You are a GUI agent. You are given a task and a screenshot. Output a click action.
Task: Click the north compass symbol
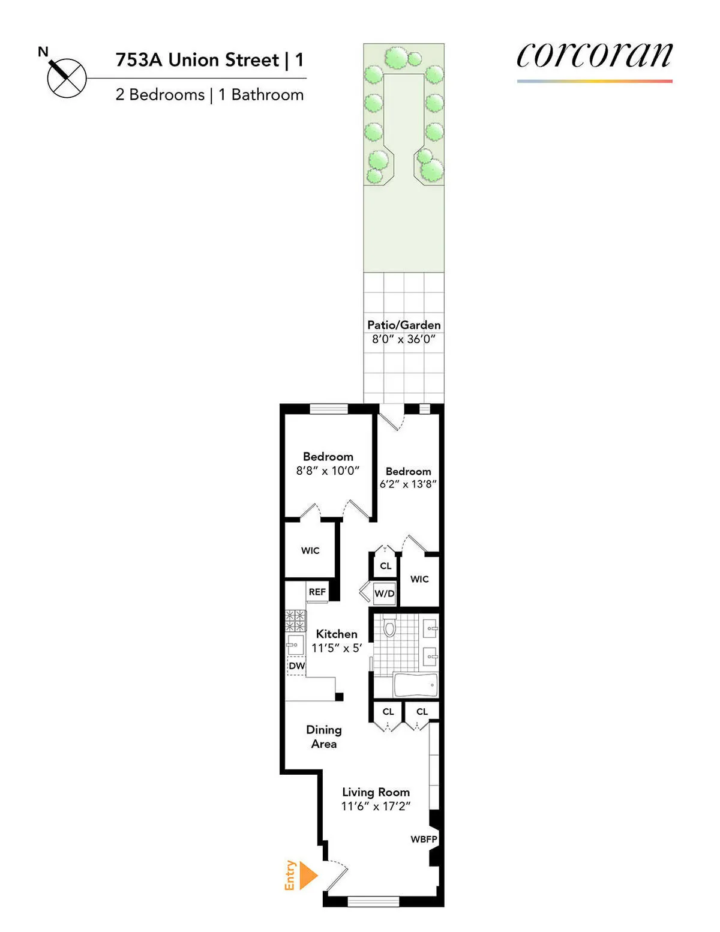(66, 77)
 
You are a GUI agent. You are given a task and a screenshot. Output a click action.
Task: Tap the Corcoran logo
(594, 57)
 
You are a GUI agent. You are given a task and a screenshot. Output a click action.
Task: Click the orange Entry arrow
(308, 875)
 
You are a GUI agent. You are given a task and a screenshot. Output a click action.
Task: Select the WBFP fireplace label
(424, 839)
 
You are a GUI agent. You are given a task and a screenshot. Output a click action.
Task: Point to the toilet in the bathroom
(389, 627)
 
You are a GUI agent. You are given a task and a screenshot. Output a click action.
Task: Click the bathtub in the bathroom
(415, 684)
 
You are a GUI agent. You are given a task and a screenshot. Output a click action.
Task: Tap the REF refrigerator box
(317, 592)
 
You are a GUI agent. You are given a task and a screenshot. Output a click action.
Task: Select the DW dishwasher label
(296, 666)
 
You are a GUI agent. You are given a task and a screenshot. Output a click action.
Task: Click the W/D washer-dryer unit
(385, 594)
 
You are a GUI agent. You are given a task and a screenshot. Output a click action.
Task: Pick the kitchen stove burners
(295, 620)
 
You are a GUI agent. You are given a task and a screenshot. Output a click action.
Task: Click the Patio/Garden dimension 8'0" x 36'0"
(404, 339)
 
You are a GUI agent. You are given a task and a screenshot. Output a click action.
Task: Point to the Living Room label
(376, 792)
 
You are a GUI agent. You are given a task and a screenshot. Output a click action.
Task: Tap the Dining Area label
(324, 736)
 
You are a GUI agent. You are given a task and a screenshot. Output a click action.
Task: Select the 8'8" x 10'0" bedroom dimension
(328, 471)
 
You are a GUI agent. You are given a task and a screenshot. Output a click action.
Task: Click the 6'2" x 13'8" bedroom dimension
(408, 484)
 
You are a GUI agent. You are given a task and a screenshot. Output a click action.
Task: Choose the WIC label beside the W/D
(419, 579)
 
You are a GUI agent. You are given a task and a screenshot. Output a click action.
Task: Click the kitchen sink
(294, 645)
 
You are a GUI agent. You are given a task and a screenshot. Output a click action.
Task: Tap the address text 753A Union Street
(197, 60)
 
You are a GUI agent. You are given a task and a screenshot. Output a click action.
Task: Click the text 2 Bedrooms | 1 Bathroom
(209, 95)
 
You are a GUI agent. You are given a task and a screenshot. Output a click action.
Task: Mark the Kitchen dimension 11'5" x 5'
(337, 648)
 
